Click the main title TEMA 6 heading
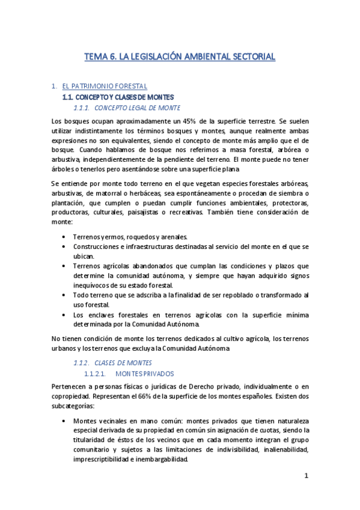pos(180,57)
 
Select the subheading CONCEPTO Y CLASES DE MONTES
pos(118,97)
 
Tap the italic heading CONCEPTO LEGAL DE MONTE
pos(138,108)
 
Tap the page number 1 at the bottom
pos(306,476)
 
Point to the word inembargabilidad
pos(160,460)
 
